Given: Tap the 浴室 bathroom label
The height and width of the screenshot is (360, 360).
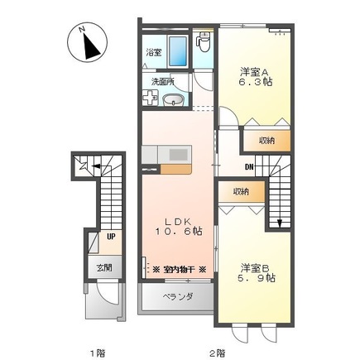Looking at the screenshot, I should pyautogui.click(x=154, y=52).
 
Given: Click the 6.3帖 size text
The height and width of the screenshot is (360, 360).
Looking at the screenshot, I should pyautogui.click(x=256, y=83).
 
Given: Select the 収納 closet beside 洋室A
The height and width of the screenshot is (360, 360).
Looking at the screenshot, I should pyautogui.click(x=266, y=141).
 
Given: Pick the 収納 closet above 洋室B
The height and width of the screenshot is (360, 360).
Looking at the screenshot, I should pyautogui.click(x=241, y=192).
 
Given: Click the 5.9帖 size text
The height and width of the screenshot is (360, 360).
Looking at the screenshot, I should pyautogui.click(x=258, y=279).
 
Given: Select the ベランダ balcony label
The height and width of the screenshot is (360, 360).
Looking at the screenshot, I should pyautogui.click(x=176, y=296).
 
